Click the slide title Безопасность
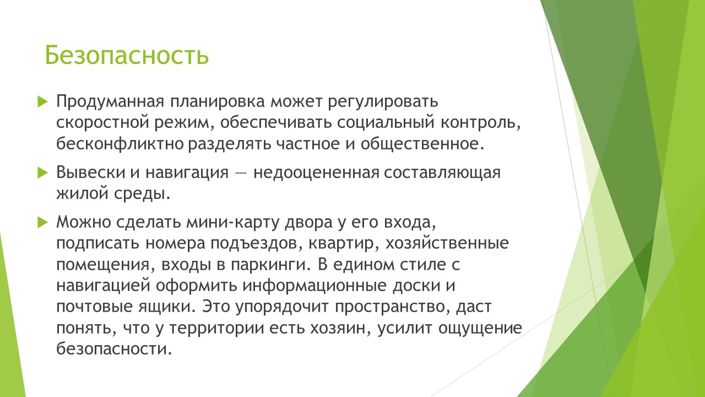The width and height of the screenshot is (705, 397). point(127,55)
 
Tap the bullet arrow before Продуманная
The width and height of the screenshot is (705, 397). point(42,102)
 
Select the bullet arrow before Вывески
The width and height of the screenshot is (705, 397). point(42,173)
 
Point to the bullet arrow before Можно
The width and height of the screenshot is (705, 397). point(42,222)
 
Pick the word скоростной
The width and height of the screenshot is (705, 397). point(102,123)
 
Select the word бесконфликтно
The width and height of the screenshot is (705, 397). point(120,144)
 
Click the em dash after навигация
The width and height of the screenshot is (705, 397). point(241,173)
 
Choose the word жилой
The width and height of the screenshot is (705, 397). point(83,194)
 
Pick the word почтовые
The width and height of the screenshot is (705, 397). point(95,307)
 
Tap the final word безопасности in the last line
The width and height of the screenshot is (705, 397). point(114,348)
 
